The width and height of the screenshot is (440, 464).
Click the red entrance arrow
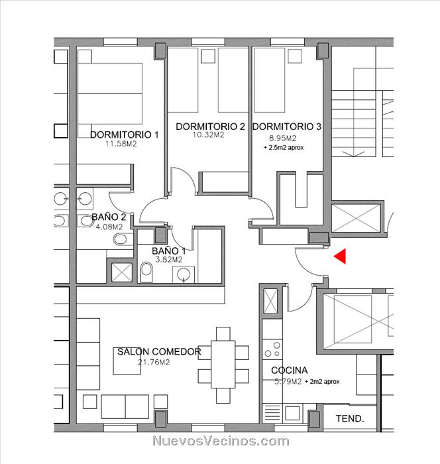341,256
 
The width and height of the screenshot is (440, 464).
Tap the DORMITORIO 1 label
125,135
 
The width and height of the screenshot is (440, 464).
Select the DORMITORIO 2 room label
210,127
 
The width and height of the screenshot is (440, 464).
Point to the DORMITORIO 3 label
287,127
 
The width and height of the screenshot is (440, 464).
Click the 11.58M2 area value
121,144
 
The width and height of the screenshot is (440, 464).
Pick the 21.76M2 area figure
154,362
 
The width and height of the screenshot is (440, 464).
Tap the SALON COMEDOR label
159,351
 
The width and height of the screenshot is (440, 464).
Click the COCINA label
290,370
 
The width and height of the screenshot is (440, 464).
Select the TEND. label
350,418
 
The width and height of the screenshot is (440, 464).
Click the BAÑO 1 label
169,251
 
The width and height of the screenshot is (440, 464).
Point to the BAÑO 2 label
109,217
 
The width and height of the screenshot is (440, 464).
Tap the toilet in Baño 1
146,272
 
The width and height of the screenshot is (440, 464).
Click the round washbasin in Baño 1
184,274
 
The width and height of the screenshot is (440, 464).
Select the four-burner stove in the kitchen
272,349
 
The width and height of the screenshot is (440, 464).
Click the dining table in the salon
223,365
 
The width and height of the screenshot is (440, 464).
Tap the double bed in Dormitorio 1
110,93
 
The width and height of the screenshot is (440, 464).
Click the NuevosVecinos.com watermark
221,441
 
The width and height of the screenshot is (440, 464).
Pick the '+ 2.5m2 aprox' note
284,147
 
